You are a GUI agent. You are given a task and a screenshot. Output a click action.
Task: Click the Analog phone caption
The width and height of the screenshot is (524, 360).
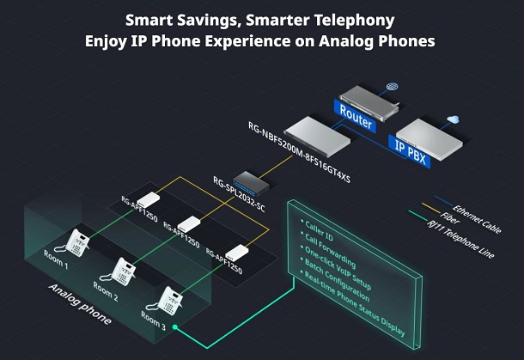[78, 305]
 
